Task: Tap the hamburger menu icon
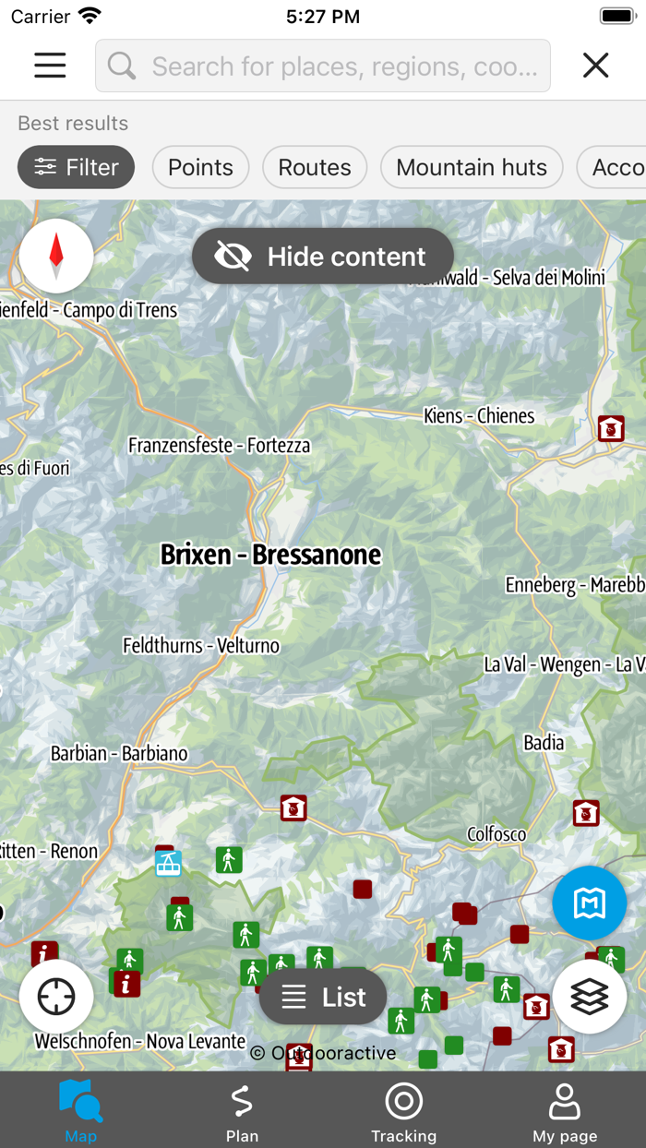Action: (50, 65)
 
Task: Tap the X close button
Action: (596, 65)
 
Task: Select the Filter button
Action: (77, 167)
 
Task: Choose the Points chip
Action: (200, 167)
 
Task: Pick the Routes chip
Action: (315, 167)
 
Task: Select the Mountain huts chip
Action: (472, 167)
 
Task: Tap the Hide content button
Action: (323, 257)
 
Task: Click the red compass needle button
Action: (56, 256)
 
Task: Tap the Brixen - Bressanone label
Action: (270, 555)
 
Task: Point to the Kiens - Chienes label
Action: (479, 416)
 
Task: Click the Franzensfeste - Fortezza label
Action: (220, 446)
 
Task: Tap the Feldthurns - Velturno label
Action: (201, 645)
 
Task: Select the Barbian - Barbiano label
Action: (119, 754)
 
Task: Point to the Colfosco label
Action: (496, 834)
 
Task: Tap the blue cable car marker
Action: (168, 864)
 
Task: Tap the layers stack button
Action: (590, 997)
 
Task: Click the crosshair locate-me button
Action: (56, 997)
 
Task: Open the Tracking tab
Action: (403, 1112)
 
